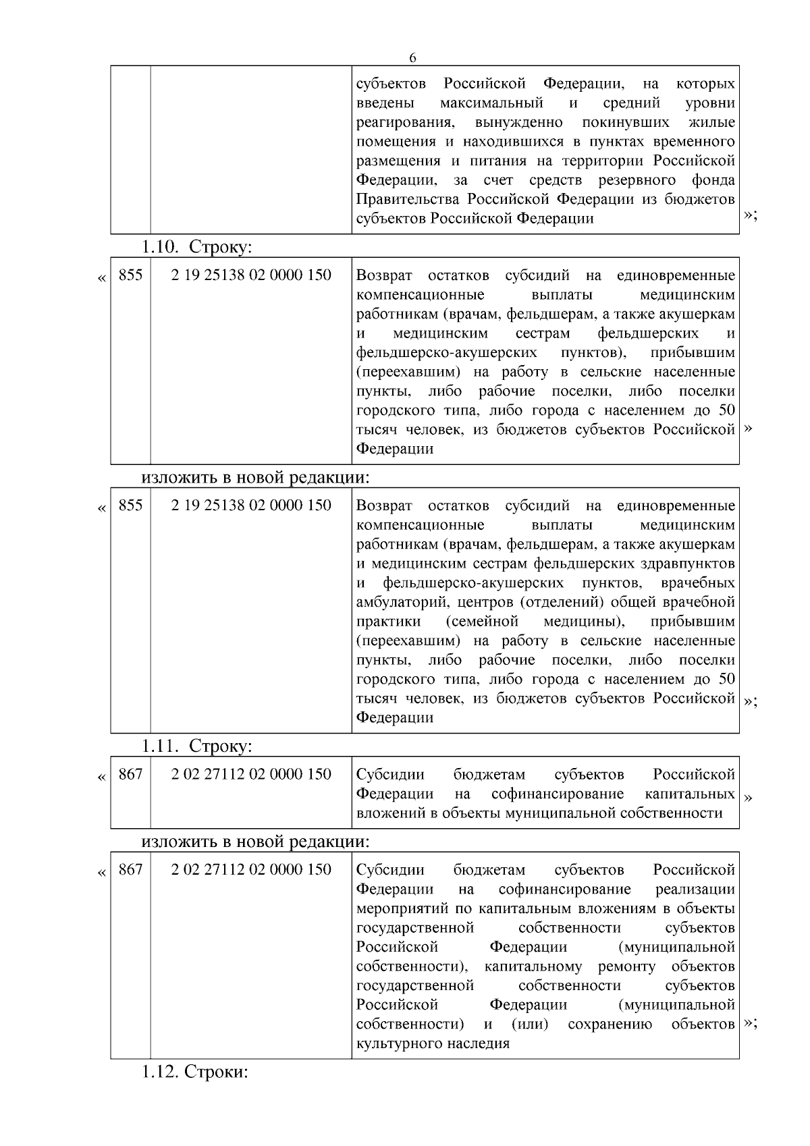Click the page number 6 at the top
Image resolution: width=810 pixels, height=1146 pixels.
[412, 58]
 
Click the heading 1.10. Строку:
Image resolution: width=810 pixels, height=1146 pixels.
[196, 247]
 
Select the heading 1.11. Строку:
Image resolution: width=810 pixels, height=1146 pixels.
[196, 746]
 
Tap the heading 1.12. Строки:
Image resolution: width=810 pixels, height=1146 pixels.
[195, 1072]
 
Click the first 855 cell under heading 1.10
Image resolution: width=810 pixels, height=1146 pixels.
[130, 275]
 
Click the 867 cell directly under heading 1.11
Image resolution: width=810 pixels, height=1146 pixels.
[130, 774]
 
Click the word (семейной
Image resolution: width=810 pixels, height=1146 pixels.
[482, 621]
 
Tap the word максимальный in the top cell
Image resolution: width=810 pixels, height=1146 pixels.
[491, 103]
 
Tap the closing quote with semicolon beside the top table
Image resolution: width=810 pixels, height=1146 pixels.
[750, 215]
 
